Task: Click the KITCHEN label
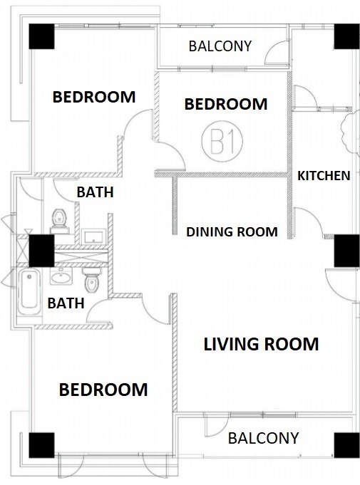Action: coord(324,176)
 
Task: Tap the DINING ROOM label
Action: coord(232,231)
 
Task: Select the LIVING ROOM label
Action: coord(261,344)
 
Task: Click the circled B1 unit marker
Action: coord(222,141)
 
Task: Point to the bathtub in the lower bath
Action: coord(29,292)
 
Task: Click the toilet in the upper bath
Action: coord(60,221)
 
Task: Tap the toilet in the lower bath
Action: coord(92,280)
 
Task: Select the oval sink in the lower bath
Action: coord(61,276)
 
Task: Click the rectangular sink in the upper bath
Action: coord(94,236)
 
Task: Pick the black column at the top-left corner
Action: coord(41,36)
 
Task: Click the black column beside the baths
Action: coord(41,251)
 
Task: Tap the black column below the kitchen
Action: coord(347,251)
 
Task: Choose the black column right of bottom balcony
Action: coord(347,445)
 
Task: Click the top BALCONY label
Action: coord(220,46)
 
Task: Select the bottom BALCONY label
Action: coord(264,438)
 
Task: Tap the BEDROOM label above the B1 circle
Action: coord(226,104)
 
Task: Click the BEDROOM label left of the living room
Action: coord(103,390)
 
